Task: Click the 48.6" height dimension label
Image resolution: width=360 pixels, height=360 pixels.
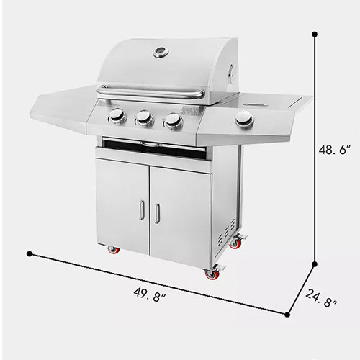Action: pyautogui.click(x=333, y=150)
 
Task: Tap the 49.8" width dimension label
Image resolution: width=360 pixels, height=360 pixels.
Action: pyautogui.click(x=150, y=295)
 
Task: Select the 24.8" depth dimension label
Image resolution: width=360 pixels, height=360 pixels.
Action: pyautogui.click(x=322, y=297)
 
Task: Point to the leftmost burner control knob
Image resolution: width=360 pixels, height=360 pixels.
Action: pyautogui.click(x=117, y=115)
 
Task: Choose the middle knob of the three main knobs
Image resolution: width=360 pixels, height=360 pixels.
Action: pyautogui.click(x=145, y=118)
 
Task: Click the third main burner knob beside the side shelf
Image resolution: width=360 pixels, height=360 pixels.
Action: pyautogui.click(x=173, y=120)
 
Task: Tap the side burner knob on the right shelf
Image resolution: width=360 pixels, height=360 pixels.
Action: pyautogui.click(x=245, y=119)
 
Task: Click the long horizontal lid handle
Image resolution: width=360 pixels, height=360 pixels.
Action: pyautogui.click(x=150, y=93)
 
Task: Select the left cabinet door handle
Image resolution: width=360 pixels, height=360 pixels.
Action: pyautogui.click(x=142, y=210)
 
